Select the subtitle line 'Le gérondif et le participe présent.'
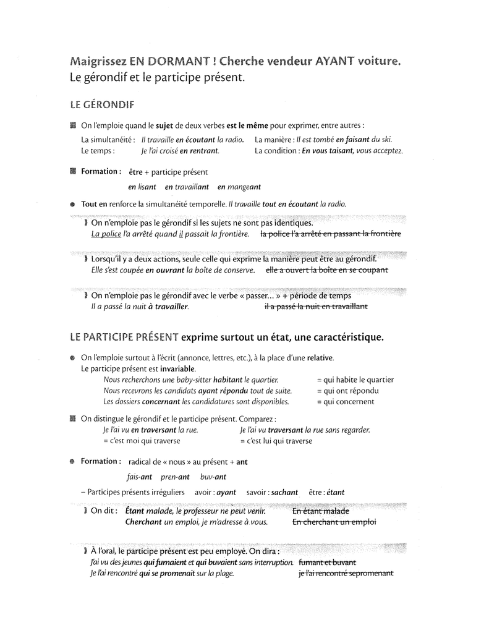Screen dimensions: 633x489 pyautogui.click(x=158, y=78)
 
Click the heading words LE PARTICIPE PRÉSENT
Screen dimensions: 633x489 pyautogui.click(x=124, y=338)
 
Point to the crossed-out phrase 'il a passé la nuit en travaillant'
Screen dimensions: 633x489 pyautogui.click(x=315, y=306)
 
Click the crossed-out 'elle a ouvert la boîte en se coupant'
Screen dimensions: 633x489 pyautogui.click(x=326, y=270)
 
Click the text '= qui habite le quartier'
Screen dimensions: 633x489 pyautogui.click(x=355, y=380)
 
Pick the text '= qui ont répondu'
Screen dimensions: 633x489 pyautogui.click(x=347, y=391)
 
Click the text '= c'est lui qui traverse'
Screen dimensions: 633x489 pyautogui.click(x=276, y=441)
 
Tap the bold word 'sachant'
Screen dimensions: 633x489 pyautogui.click(x=284, y=493)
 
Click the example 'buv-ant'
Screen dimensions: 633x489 pyautogui.click(x=213, y=477)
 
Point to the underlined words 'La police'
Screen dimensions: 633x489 pyautogui.click(x=106, y=234)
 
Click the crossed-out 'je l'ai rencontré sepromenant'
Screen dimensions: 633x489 pyautogui.click(x=346, y=573)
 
